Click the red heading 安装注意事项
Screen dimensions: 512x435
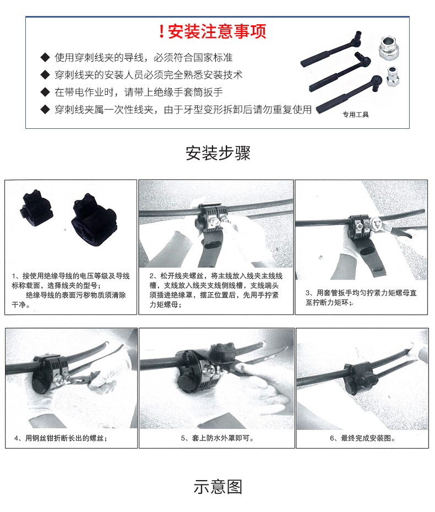(217, 31)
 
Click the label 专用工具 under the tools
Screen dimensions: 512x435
(355, 115)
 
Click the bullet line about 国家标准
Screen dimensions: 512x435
(143, 57)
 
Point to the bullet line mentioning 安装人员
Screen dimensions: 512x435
(149, 74)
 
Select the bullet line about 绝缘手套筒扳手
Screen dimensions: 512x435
(139, 92)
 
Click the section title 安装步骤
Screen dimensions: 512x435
(218, 153)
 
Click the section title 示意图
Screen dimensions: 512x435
(218, 487)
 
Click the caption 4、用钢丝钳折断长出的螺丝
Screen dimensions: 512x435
(59, 438)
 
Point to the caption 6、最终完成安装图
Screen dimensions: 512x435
(362, 438)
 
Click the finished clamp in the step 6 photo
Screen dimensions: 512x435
(361, 379)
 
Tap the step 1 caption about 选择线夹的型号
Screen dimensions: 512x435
(70, 290)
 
